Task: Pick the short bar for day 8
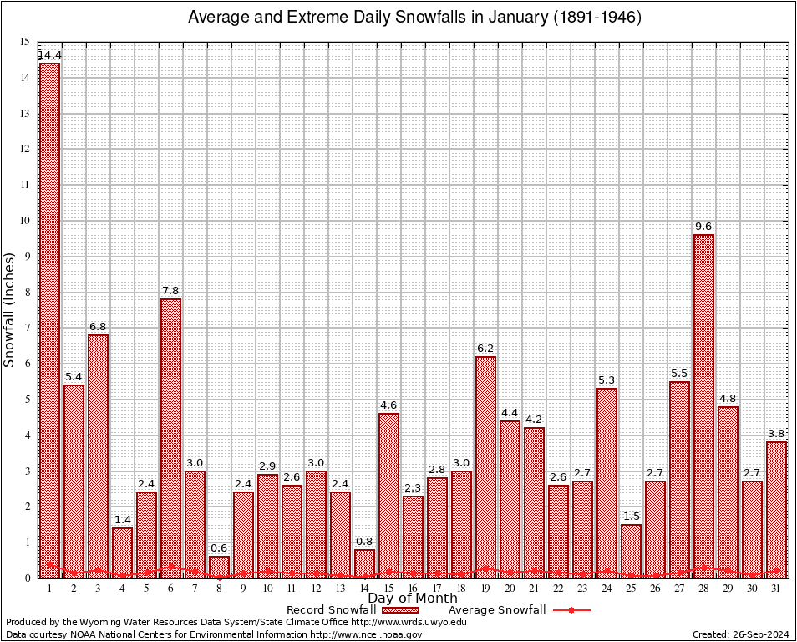tap(219, 567)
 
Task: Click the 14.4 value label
tap(49, 55)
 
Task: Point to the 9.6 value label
tap(703, 227)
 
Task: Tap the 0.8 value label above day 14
tap(364, 542)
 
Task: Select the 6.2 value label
tap(485, 349)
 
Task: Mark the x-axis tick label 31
tap(776, 588)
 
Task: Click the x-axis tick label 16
tap(413, 588)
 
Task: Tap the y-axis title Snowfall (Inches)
tap(10, 310)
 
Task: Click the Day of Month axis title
tap(413, 599)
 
